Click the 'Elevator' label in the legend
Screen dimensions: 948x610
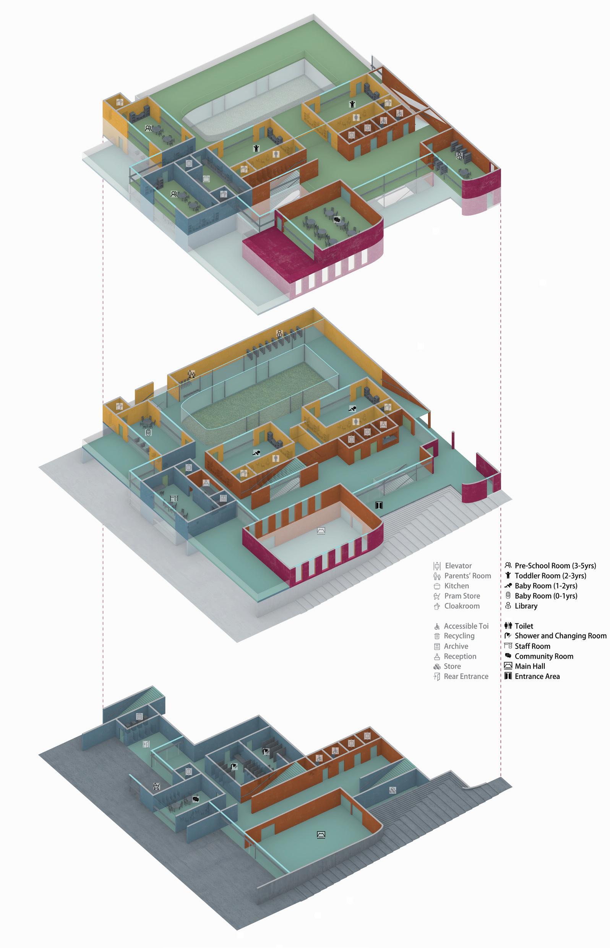458,566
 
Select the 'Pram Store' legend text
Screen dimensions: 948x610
462,596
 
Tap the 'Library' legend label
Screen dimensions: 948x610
526,606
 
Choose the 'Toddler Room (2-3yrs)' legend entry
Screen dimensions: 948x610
550,575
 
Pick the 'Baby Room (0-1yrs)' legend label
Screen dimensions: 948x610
545,596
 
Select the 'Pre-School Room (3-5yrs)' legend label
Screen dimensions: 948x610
555,566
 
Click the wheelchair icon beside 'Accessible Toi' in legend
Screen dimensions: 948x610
437,626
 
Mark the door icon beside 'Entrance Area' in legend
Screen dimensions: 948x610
508,676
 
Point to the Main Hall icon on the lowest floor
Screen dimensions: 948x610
321,835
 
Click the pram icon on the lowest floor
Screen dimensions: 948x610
156,786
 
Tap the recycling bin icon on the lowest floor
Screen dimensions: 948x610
139,716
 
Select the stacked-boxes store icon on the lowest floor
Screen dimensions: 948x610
392,790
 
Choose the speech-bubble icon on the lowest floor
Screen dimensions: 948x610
195,799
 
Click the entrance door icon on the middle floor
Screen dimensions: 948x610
379,505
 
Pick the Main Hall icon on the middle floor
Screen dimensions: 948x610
321,531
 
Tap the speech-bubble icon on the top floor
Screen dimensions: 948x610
337,220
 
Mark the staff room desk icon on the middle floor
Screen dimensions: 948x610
174,498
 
